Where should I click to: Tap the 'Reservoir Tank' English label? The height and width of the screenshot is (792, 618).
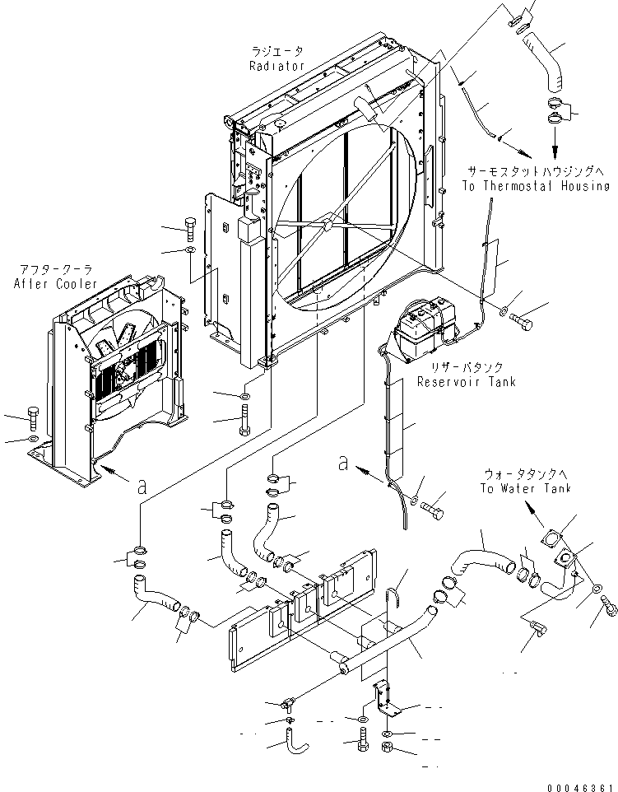466,382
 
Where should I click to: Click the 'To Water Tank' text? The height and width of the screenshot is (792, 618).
527,488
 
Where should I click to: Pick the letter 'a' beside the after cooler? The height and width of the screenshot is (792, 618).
142,487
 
